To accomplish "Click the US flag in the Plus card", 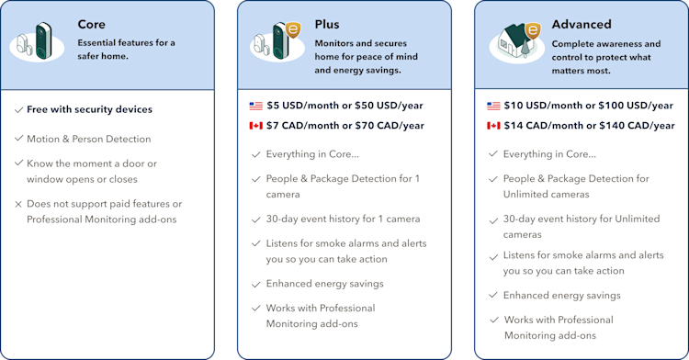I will click(255, 106).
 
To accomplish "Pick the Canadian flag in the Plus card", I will click(255, 126).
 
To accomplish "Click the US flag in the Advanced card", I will click(494, 106).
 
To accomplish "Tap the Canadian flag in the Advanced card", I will click(494, 126).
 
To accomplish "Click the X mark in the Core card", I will click(19, 204).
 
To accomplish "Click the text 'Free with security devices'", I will click(89, 110).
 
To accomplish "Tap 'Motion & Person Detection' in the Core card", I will click(88, 140).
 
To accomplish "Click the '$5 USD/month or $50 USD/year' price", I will click(345, 106).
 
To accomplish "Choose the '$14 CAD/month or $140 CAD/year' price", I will click(588, 126).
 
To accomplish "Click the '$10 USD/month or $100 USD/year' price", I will click(588, 106).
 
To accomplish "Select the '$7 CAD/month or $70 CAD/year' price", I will click(345, 126).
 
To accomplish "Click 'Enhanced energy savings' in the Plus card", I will click(324, 284).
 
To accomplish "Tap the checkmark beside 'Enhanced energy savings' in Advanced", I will click(494, 296).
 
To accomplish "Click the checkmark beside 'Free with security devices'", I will click(19, 110).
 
